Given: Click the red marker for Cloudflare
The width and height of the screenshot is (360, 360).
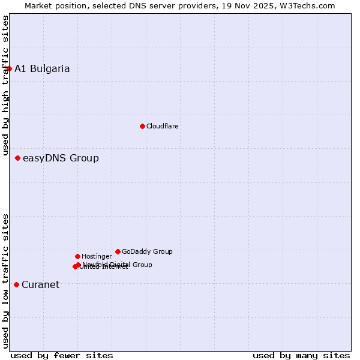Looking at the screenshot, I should [142, 126].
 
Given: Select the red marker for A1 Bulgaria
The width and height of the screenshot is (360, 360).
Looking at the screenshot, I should [9, 68].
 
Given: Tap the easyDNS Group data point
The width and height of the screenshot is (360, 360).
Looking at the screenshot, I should [18, 158].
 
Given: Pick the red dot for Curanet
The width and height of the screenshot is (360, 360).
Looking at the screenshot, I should [16, 284].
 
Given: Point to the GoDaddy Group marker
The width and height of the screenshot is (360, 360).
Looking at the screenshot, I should [118, 251].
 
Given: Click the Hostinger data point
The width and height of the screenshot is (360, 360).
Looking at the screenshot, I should [77, 256].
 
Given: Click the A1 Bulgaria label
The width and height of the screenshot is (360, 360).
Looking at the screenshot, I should [42, 68].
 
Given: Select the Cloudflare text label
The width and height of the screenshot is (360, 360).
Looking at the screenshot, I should [163, 126].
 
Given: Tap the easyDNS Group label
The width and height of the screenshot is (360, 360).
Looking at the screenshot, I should [61, 158].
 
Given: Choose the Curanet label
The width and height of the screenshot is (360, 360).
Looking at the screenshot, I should [40, 284].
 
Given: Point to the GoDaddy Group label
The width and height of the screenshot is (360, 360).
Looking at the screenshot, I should [147, 251].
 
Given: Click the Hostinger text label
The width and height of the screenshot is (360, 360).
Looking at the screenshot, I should [97, 256].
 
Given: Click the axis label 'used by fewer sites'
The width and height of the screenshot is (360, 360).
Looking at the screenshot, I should [62, 355].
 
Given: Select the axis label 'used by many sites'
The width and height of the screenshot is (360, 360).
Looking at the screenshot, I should [301, 355].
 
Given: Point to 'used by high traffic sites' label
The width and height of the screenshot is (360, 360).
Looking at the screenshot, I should [5, 86].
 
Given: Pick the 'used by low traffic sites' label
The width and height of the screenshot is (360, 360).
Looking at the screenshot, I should [5, 280].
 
